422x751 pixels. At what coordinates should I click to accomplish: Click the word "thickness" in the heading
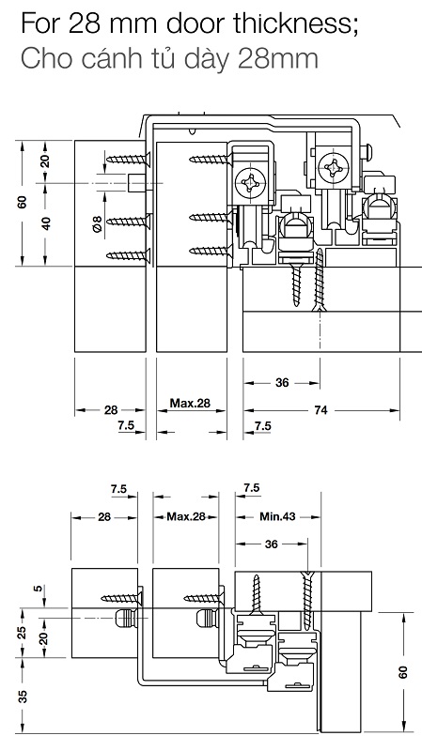tap(296, 24)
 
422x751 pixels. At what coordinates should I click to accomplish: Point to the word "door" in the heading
tap(197, 24)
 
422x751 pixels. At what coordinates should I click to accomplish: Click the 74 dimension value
tap(320, 410)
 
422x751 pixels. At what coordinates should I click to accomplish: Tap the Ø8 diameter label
tap(97, 224)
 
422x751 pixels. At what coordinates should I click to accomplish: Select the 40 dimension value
tap(46, 223)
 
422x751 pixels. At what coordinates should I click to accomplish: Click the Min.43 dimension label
tap(277, 516)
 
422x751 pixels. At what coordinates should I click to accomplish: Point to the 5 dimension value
tap(39, 589)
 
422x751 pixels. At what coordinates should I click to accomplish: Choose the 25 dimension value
tap(22, 632)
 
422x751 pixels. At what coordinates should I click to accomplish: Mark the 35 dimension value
tap(22, 696)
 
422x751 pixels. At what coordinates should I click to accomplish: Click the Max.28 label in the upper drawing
tap(190, 403)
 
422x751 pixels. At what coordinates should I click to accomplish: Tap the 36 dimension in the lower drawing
tap(271, 544)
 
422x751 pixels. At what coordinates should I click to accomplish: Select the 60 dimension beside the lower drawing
tap(403, 672)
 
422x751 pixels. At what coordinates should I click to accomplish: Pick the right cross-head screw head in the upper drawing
tap(333, 168)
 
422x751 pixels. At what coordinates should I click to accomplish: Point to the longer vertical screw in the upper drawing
tap(320, 280)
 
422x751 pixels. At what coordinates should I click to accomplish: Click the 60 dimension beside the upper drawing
tap(22, 202)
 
